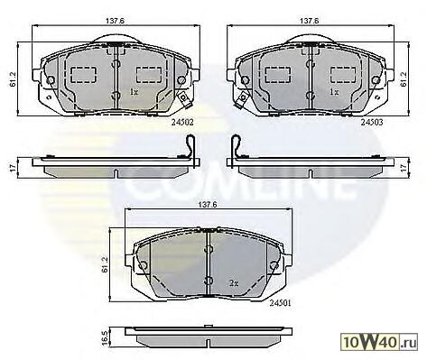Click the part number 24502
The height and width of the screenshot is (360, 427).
pyautogui.click(x=182, y=123)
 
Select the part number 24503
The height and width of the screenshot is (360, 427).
pyautogui.click(x=372, y=122)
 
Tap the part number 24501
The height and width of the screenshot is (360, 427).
pyautogui.click(x=280, y=303)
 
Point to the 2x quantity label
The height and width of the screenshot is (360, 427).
pyautogui.click(x=234, y=283)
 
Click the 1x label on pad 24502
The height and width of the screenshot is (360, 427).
pyautogui.click(x=134, y=92)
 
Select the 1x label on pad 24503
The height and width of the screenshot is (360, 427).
pyautogui.click(x=334, y=92)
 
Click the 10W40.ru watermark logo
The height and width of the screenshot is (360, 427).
pyautogui.click(x=379, y=342)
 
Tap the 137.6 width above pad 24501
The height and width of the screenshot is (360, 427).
pyautogui.click(x=207, y=205)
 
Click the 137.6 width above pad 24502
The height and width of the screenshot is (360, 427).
pyautogui.click(x=115, y=21)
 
